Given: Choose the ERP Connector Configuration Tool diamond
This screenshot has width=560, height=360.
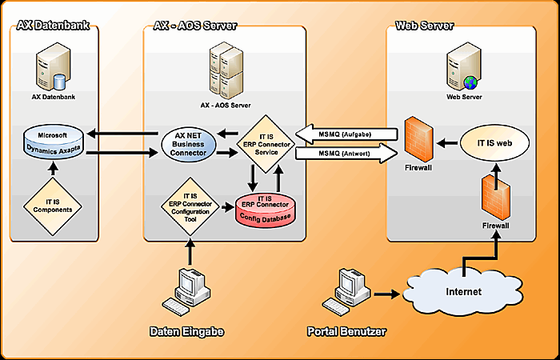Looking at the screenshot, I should click(190, 206).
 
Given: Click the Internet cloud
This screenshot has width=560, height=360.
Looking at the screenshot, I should click(464, 291).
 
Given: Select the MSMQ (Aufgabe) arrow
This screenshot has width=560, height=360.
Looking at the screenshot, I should click(344, 133).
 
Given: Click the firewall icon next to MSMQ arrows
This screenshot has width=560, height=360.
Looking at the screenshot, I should click(418, 140).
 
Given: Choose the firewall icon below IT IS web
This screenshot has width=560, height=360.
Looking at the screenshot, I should click(494, 198).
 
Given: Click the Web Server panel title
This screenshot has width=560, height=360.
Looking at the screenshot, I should click(425, 26).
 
